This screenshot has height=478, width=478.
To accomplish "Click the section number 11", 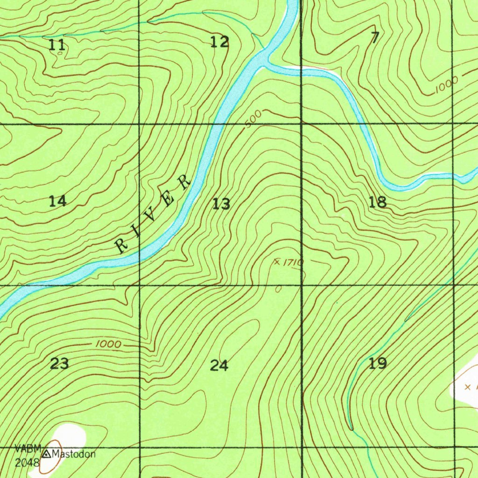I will click(x=57, y=45).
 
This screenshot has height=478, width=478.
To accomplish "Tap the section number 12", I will click(x=219, y=42).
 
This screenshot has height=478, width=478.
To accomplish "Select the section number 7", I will click(x=375, y=38).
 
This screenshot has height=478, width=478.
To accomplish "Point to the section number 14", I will click(x=58, y=201).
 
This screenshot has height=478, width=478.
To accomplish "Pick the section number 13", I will click(x=221, y=204).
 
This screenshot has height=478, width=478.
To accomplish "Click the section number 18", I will click(x=378, y=202).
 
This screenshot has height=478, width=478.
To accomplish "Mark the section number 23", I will click(x=60, y=363).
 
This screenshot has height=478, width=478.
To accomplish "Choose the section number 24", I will click(x=219, y=366).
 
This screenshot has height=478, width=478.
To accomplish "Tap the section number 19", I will click(x=378, y=363).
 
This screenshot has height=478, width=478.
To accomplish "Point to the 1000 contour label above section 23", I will click(x=108, y=344).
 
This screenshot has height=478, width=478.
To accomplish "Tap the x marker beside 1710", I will click(x=277, y=262).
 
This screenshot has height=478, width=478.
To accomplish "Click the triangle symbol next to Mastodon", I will click(x=47, y=454).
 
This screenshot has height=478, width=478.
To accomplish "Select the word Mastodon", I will click(x=74, y=454).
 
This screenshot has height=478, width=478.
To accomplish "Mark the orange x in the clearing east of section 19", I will click(x=468, y=387).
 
